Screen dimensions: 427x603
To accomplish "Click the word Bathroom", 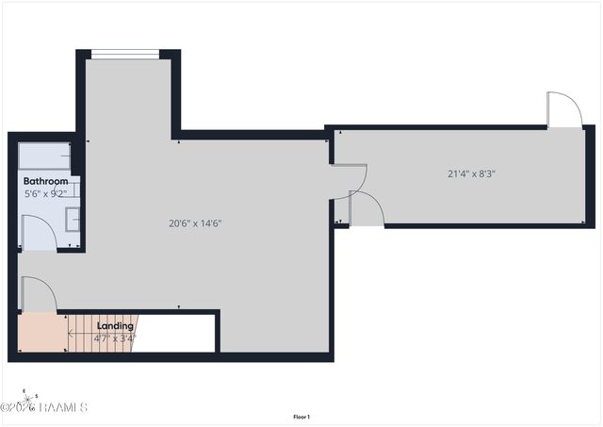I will pos(45,181).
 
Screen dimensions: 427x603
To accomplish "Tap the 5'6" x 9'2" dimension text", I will pos(45,193).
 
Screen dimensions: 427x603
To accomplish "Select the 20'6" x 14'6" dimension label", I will pos(195,223).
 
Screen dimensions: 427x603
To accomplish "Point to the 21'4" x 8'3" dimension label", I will pos(471,172).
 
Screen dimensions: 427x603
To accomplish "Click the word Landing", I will pos(115,326).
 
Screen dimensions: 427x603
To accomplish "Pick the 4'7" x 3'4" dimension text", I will pos(116,337).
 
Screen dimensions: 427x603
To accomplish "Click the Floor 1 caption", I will pos(301,417).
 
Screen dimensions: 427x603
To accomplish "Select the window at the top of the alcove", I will pos(124,54).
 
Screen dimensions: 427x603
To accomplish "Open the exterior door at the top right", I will pos(562,109).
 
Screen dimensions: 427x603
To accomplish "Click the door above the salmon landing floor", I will pos(38,293).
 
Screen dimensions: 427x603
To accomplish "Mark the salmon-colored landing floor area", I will pos(41,333).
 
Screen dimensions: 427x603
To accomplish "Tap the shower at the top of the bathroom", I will pos(45,155).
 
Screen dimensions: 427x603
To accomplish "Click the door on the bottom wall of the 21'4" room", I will pos(366,208).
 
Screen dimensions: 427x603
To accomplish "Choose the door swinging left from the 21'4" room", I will pos(349,179).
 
